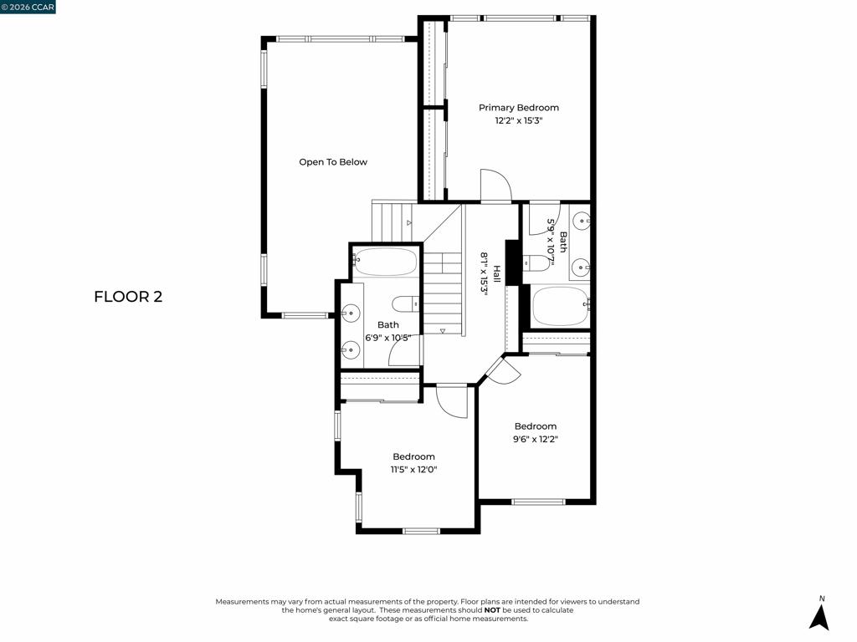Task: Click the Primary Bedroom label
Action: coord(519,108)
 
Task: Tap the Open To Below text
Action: coord(333,162)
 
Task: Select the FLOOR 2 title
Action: coord(128,297)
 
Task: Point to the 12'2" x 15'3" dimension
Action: coord(519,120)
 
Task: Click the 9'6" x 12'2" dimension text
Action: coord(535,439)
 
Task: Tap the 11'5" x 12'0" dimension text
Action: coord(413,470)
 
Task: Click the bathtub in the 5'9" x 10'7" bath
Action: coord(560,307)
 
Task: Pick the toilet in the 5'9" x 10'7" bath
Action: coord(536,263)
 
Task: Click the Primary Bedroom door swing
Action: coord(495,186)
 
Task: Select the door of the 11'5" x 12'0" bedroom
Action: coord(452,401)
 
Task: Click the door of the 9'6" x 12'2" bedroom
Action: coord(504,369)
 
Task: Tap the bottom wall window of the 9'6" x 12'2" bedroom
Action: coord(538,502)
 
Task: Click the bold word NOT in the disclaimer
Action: coord(492,609)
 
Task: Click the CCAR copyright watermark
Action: coord(28,7)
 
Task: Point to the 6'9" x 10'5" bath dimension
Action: coord(388,338)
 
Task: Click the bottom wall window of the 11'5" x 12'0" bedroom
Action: coord(422,531)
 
